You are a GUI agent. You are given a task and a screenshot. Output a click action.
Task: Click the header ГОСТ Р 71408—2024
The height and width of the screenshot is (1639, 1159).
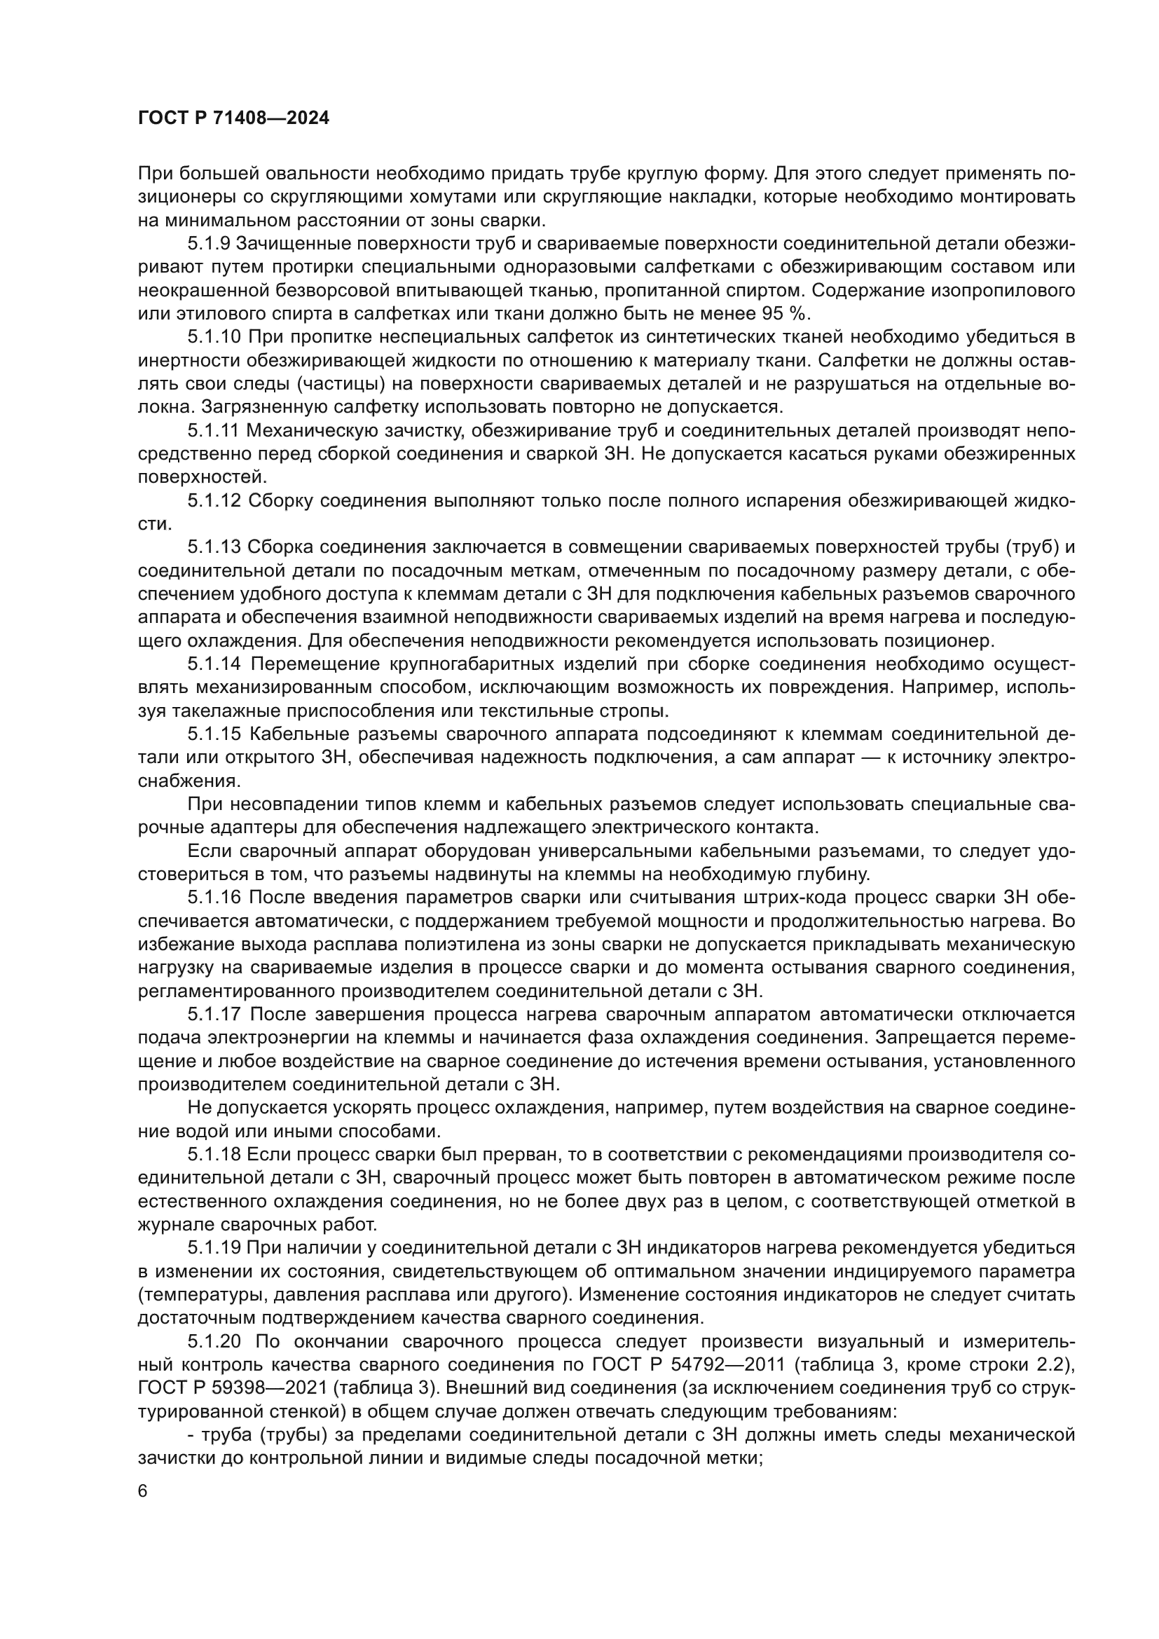coord(233,118)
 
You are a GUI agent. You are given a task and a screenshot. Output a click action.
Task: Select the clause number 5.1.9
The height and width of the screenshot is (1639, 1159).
coord(208,243)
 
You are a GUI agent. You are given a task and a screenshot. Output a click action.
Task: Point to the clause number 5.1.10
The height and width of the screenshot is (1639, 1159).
coord(214,337)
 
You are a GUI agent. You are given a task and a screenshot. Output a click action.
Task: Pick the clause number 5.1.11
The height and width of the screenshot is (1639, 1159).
coord(214,430)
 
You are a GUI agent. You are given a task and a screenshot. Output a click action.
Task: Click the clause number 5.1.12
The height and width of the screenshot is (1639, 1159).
coord(214,500)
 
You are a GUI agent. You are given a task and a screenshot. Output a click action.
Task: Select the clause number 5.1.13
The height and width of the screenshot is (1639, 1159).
coord(214,547)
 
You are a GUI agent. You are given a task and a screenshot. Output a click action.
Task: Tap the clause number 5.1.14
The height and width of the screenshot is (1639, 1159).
coord(214,664)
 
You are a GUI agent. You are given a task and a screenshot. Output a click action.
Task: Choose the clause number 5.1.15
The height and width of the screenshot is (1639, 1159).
coord(214,734)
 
